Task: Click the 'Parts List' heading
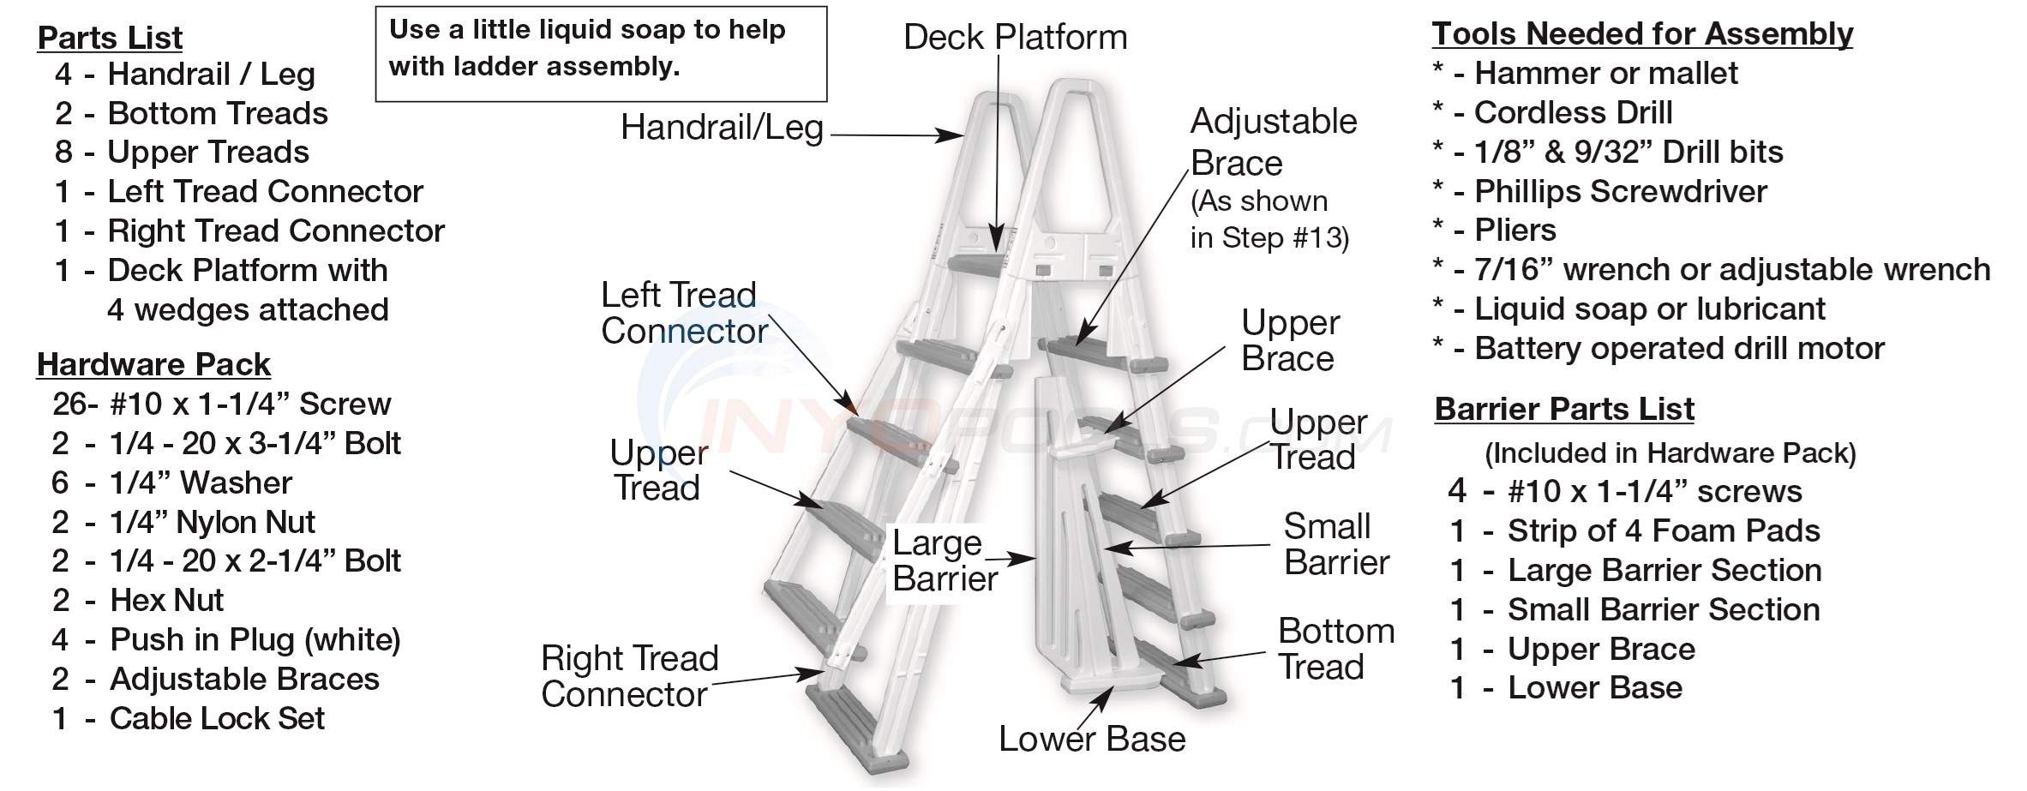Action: click(111, 38)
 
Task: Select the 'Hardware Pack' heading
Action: click(153, 365)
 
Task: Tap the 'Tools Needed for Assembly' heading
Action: click(1642, 34)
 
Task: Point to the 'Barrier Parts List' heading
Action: click(1564, 410)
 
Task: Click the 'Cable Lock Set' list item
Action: click(217, 719)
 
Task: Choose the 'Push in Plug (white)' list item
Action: click(255, 640)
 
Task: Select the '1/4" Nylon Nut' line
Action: click(212, 523)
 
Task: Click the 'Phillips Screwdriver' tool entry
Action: click(1620, 192)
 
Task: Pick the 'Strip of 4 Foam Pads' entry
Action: click(1663, 531)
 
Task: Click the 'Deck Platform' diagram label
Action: click(1015, 38)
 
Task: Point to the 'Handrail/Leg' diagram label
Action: click(722, 129)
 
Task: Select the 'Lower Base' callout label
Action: click(1092, 739)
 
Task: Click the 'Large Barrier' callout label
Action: click(944, 561)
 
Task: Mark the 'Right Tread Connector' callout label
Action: click(630, 677)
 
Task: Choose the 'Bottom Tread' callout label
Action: click(1335, 650)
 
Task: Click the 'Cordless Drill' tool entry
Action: click(1573, 113)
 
